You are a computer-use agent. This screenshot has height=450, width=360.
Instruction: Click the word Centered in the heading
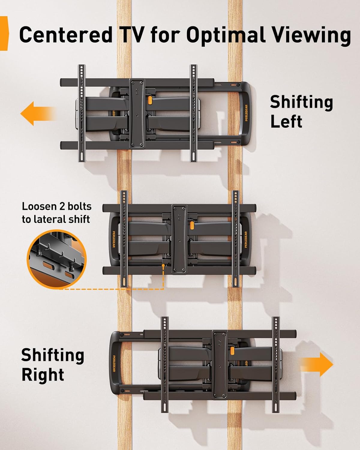65,35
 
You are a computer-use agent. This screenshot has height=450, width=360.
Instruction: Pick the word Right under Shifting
43,375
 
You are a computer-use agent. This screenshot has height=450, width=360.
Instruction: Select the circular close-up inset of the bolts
57,259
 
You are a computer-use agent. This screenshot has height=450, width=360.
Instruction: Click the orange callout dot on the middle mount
163,265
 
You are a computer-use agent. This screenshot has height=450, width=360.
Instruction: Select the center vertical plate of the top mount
137,113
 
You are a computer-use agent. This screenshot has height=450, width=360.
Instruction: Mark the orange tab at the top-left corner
4,33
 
